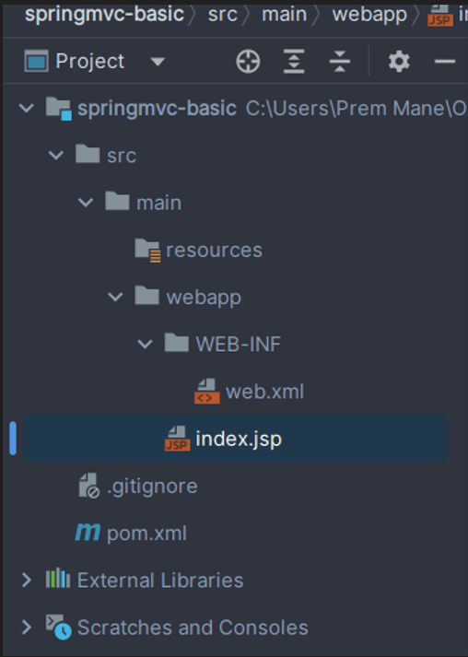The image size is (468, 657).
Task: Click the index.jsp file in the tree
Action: point(239,440)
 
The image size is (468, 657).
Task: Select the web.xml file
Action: point(264,393)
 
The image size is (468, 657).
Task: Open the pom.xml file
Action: point(146,534)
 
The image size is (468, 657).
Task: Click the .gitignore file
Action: point(152,487)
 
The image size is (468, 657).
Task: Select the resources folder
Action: point(214,251)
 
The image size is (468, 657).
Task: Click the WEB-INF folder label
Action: point(238,345)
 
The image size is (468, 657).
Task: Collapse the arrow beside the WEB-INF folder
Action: point(145,345)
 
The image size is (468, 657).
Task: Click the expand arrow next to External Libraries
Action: point(27,581)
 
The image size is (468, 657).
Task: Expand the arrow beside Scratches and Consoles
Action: point(27,628)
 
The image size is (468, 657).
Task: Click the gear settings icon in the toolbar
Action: point(399,62)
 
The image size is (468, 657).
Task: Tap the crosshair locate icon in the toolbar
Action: point(248,62)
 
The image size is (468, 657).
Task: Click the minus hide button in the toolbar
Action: point(445,62)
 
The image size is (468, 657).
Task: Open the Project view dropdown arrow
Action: point(158,62)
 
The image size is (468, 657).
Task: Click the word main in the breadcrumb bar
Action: point(284,15)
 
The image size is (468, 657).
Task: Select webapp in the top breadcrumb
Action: point(369,15)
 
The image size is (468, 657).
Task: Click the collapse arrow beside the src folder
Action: point(56,156)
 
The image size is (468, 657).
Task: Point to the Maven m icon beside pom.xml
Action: point(88,533)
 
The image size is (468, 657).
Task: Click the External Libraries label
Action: point(160,581)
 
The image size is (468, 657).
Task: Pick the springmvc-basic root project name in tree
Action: point(158,109)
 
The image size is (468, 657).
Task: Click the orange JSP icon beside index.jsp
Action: point(178,439)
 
